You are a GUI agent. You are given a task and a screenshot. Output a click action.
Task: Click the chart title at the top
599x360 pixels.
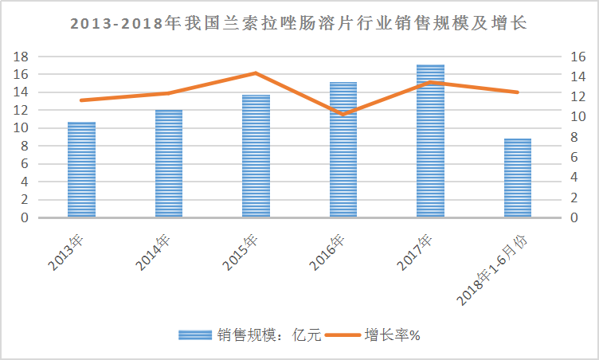tap(299, 24)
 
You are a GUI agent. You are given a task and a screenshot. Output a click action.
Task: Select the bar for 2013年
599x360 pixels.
tap(81, 170)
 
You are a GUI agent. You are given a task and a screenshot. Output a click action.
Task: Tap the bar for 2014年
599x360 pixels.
tap(168, 163)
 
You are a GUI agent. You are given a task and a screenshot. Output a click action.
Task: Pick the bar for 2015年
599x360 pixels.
tap(256, 156)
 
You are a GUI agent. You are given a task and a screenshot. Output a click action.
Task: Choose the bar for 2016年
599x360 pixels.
tap(343, 150)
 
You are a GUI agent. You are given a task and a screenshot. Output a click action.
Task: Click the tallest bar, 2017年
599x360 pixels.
tap(430, 141)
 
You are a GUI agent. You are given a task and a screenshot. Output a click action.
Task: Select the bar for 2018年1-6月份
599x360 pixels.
tap(518, 178)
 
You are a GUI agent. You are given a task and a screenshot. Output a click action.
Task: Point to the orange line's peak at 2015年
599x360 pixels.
tap(256, 73)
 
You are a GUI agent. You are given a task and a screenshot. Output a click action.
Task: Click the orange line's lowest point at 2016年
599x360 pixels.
tap(343, 115)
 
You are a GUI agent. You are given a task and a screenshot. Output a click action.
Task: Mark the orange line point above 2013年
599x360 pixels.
tap(81, 100)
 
